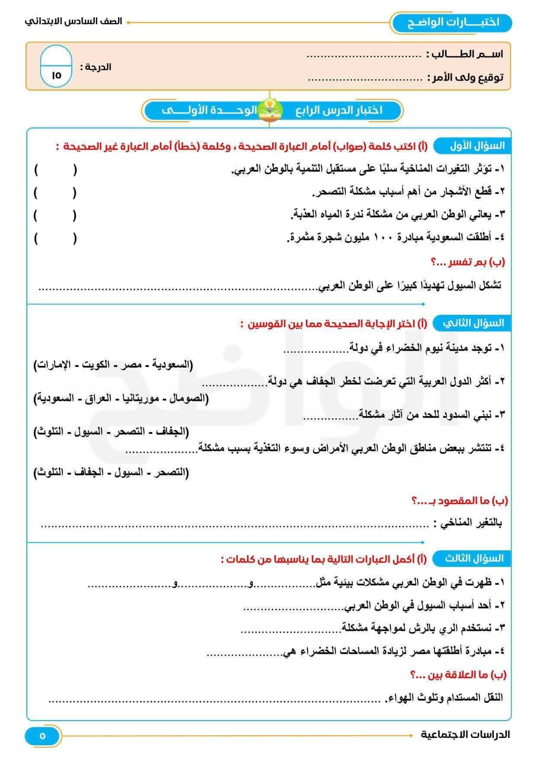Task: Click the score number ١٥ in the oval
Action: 56,75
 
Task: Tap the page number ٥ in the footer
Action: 42,736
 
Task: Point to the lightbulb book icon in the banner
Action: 270,110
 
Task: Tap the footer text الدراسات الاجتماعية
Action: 465,734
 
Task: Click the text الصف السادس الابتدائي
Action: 74,21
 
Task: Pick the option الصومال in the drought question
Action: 186,398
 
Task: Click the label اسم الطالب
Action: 465,54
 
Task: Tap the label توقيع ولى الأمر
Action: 465,78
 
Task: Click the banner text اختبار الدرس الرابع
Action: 339,110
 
